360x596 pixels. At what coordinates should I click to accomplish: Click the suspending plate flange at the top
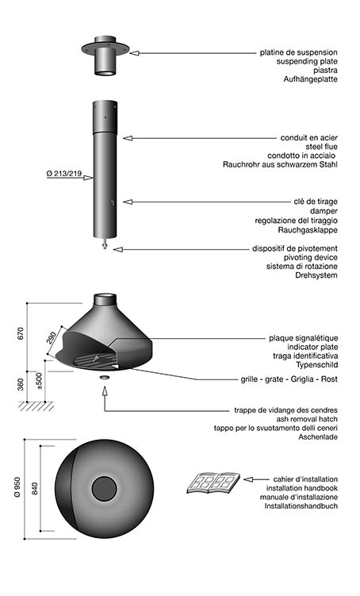(x=105, y=49)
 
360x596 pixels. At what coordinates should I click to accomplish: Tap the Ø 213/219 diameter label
(x=64, y=174)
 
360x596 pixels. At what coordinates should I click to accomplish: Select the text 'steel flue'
(x=321, y=147)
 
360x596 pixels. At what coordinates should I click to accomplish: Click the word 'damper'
(x=324, y=211)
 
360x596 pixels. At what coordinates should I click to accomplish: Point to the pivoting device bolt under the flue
(x=105, y=244)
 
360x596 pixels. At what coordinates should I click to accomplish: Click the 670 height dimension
(x=21, y=333)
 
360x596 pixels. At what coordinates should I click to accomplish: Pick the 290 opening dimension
(x=52, y=338)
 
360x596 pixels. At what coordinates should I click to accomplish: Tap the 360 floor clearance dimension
(x=21, y=384)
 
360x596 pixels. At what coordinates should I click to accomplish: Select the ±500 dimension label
(x=39, y=381)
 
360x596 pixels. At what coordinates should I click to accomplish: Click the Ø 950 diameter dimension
(x=17, y=487)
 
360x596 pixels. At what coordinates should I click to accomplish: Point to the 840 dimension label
(x=35, y=488)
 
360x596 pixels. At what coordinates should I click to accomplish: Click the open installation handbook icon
(x=213, y=483)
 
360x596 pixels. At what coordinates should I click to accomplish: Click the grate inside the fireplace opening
(x=95, y=360)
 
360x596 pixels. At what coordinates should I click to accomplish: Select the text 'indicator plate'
(x=312, y=347)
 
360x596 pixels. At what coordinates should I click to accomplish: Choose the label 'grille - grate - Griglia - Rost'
(x=289, y=379)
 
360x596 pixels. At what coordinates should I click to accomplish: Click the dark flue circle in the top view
(x=104, y=489)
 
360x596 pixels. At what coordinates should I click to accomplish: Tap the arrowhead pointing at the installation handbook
(x=248, y=479)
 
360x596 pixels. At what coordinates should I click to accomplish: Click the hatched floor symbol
(x=36, y=406)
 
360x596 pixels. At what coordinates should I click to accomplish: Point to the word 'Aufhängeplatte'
(x=310, y=79)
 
